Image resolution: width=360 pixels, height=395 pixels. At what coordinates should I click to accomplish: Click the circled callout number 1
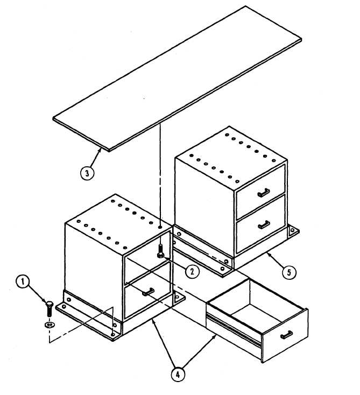tap(23, 281)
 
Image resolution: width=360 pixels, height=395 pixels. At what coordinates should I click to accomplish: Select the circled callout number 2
tap(192, 271)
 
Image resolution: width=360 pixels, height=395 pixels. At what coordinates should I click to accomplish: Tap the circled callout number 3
tap(87, 173)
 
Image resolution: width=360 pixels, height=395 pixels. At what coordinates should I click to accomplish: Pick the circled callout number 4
tap(178, 375)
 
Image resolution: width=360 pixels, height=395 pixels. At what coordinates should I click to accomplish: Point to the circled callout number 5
tap(289, 272)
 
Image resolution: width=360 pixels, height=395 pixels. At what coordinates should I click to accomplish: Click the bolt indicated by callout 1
tap(50, 309)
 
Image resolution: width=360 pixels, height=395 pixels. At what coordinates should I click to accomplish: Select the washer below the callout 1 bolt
tap(50, 325)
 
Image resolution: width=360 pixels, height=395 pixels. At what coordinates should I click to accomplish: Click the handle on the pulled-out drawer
tap(286, 335)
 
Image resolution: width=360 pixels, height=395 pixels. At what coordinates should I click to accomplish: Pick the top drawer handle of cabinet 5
tap(264, 193)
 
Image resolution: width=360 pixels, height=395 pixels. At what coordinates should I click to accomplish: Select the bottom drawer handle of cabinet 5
tap(264, 224)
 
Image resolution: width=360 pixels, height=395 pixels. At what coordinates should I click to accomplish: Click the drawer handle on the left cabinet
tap(149, 292)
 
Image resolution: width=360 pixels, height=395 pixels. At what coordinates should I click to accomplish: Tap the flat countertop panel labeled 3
tap(178, 79)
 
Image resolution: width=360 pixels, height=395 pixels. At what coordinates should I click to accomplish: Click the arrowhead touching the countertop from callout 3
tap(101, 150)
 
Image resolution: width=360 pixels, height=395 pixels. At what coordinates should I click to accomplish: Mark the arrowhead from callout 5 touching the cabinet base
tap(269, 255)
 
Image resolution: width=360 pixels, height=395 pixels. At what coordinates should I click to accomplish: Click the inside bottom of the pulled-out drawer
tap(257, 314)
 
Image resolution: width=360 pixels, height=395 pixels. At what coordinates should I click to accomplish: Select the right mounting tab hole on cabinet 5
tap(292, 230)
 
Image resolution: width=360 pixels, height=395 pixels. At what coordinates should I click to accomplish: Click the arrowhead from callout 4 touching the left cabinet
tap(154, 321)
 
